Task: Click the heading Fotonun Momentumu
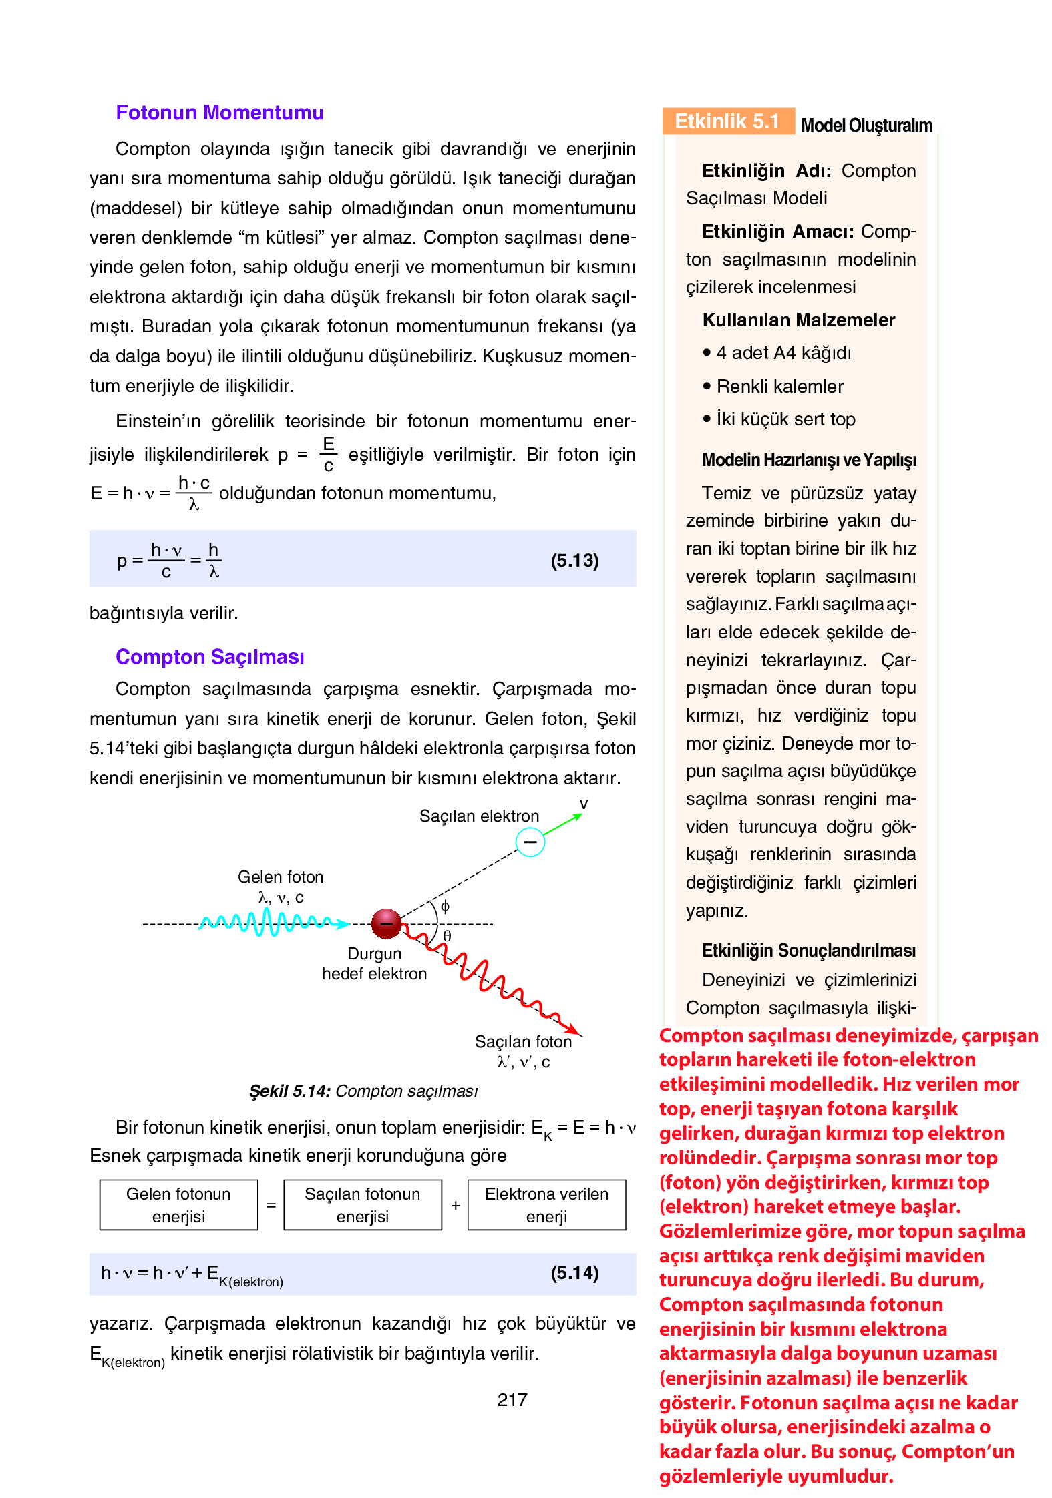pos(219,113)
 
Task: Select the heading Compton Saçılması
pos(210,657)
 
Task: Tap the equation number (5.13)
pos(574,560)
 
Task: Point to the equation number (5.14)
pos(574,1273)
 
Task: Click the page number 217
pos(512,1400)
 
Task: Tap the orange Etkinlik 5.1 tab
pos(727,121)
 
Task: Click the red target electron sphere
pos(386,924)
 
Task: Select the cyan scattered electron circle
pos(530,842)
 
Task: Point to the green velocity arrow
pos(562,825)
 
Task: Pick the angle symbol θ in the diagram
pos(448,936)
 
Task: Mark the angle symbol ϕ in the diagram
pos(446,907)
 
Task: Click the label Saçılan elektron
pos(479,816)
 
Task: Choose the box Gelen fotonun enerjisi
pos(178,1205)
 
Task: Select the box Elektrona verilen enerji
pos(546,1205)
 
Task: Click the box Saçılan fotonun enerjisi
pos(362,1205)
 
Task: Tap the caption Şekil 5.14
pos(363,1091)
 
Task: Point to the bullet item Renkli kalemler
pos(779,387)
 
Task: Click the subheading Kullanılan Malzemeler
pos(798,320)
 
